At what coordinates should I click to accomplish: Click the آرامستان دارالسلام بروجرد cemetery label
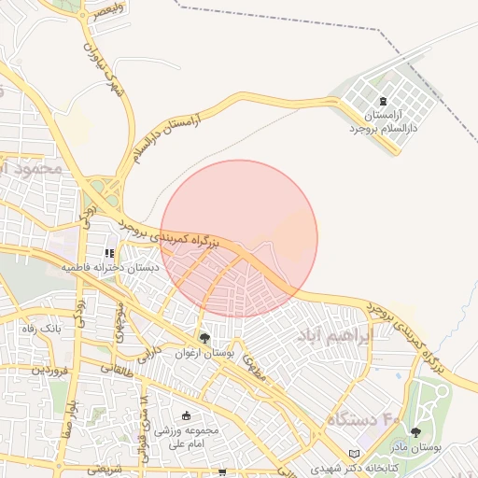click(384, 121)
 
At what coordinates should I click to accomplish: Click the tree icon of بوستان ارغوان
click(204, 338)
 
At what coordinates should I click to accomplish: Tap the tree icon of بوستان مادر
click(415, 432)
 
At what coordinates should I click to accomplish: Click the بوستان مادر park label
click(415, 448)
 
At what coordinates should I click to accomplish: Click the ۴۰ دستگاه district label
click(363, 421)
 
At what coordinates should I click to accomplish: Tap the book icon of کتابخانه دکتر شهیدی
click(354, 453)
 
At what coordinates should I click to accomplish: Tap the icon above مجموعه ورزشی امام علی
click(186, 416)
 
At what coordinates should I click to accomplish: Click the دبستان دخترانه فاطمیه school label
click(110, 268)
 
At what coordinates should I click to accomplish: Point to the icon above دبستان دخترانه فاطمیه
click(109, 252)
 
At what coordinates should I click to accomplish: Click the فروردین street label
click(50, 370)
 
